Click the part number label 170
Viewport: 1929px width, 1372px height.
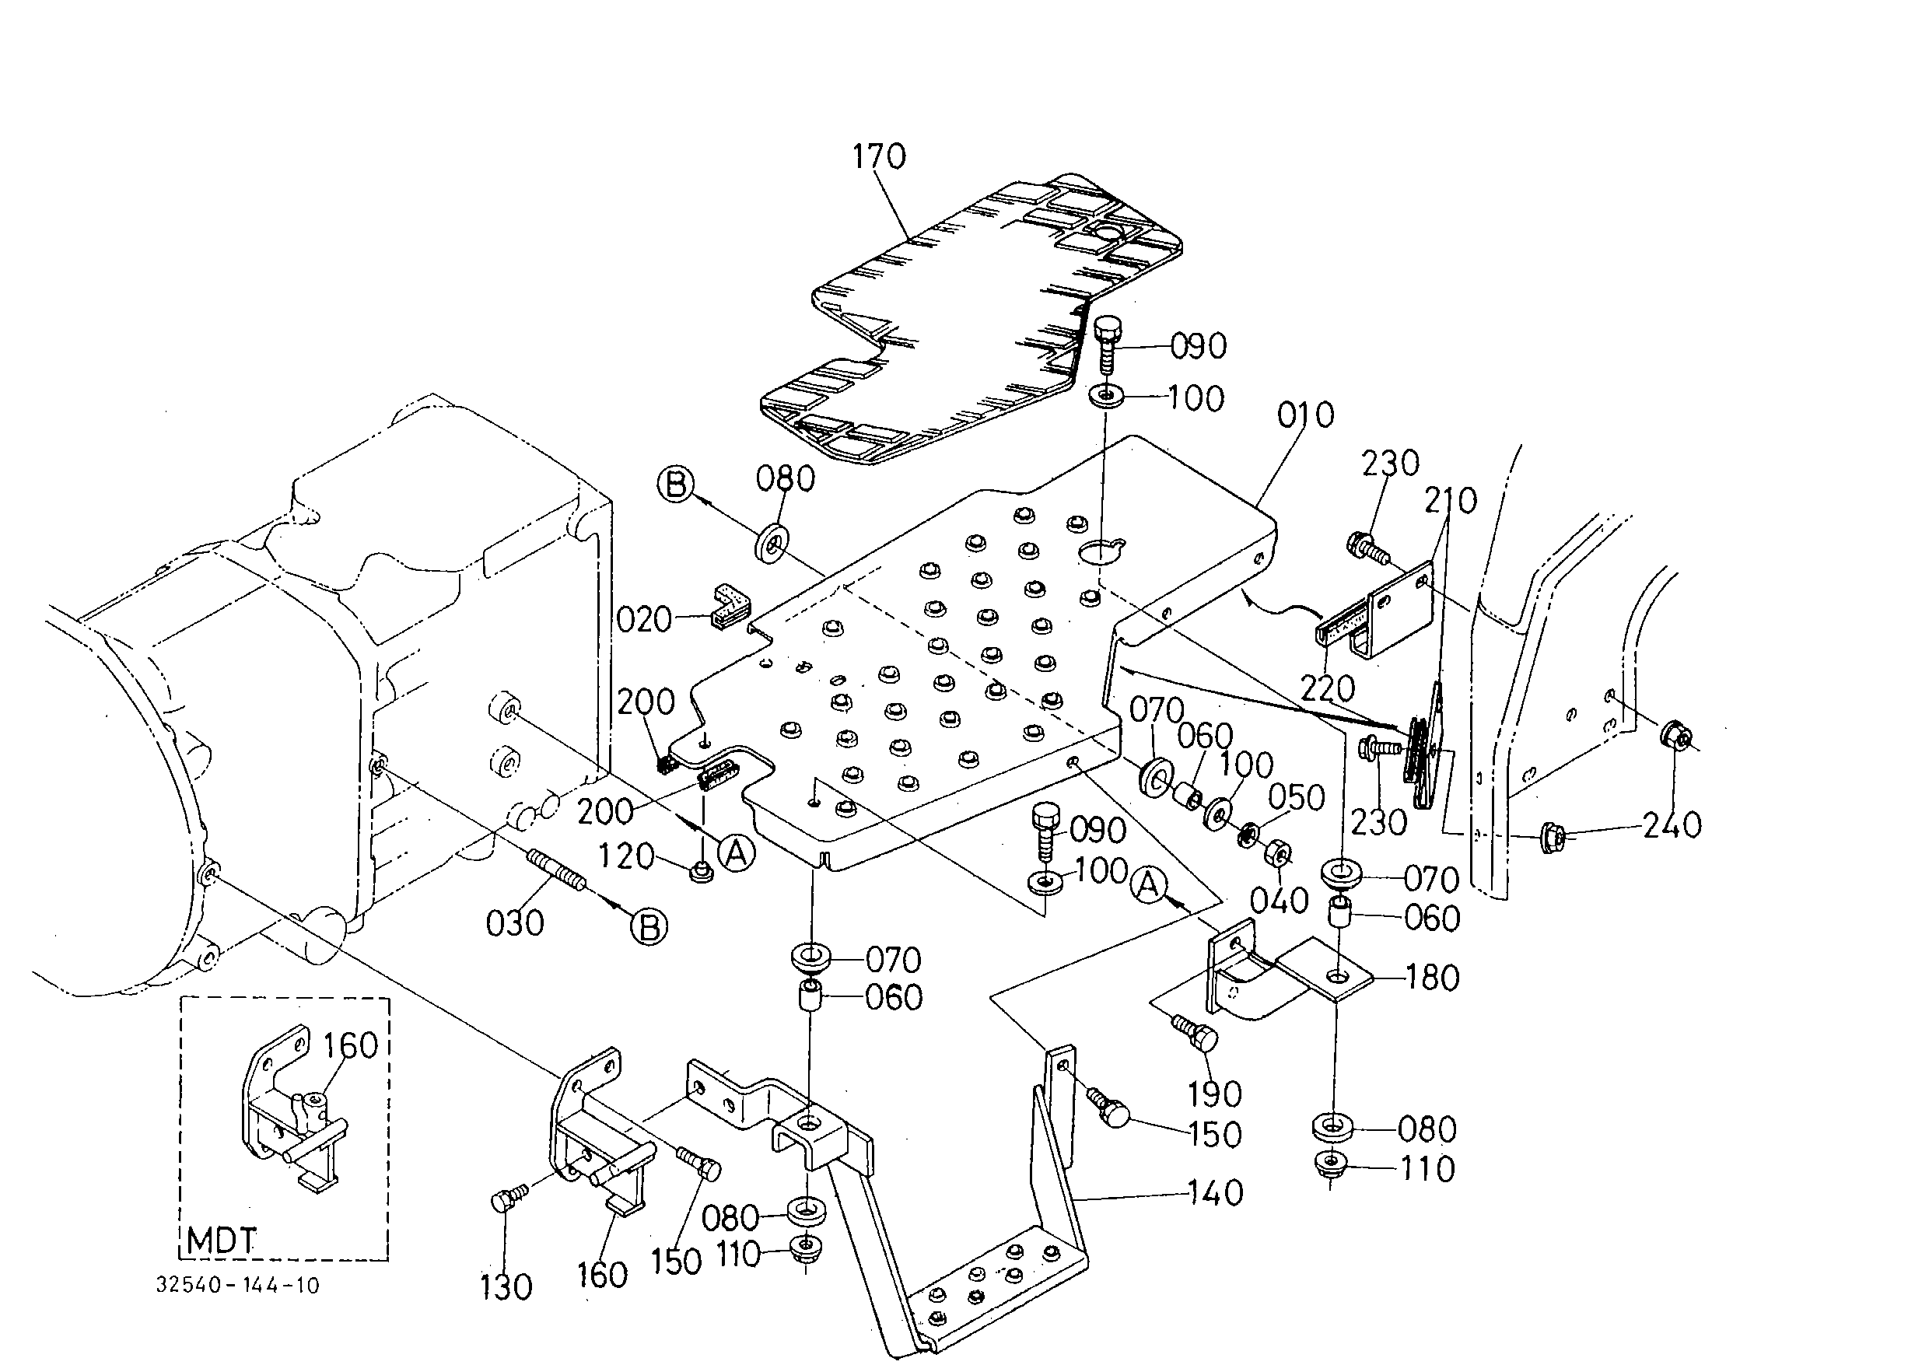(x=879, y=156)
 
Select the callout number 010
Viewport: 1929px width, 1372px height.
(x=1306, y=415)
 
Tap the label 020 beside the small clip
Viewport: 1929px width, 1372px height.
(x=644, y=620)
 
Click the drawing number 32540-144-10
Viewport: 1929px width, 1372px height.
(x=238, y=1286)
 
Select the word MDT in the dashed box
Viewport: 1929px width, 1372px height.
(x=222, y=1241)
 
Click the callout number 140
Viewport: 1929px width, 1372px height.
(x=1215, y=1193)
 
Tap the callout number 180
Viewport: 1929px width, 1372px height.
(x=1432, y=978)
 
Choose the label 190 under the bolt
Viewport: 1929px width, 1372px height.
(x=1215, y=1094)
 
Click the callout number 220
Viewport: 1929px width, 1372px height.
(x=1328, y=689)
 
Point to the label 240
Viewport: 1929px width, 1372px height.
(x=1672, y=824)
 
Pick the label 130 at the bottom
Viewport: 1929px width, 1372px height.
(x=506, y=1287)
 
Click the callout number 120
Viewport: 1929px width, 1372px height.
(x=626, y=856)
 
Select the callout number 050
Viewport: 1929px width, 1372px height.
(x=1296, y=797)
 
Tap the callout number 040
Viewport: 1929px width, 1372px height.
(x=1280, y=901)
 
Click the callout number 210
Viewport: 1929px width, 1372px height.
(x=1450, y=501)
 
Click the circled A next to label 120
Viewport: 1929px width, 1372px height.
(x=736, y=854)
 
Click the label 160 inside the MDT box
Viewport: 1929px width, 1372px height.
(x=351, y=1046)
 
